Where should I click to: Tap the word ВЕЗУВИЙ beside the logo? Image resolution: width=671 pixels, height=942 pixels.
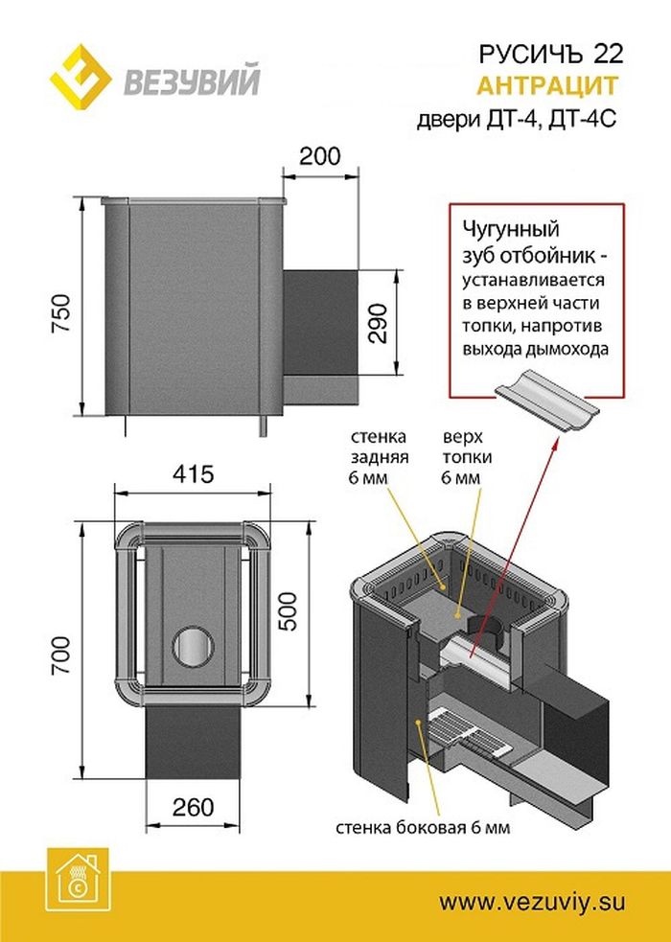(190, 81)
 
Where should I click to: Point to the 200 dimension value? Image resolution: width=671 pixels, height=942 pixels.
(318, 155)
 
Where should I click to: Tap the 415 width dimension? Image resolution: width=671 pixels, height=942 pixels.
(194, 473)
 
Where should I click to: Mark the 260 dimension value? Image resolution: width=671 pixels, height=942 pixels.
(194, 807)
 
